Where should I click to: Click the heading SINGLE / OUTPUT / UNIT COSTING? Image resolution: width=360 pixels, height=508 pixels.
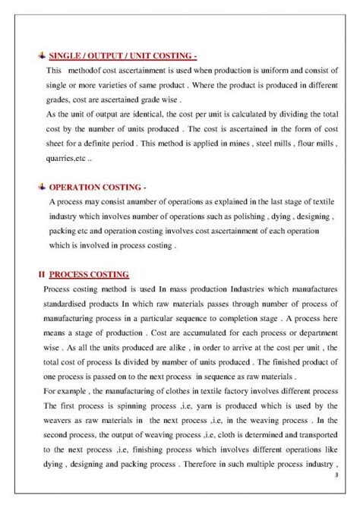pyautogui.click(x=122, y=55)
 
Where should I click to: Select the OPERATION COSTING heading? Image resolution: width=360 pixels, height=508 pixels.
pyautogui.click(x=98, y=186)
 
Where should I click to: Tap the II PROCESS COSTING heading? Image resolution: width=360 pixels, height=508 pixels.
pyautogui.click(x=83, y=273)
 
